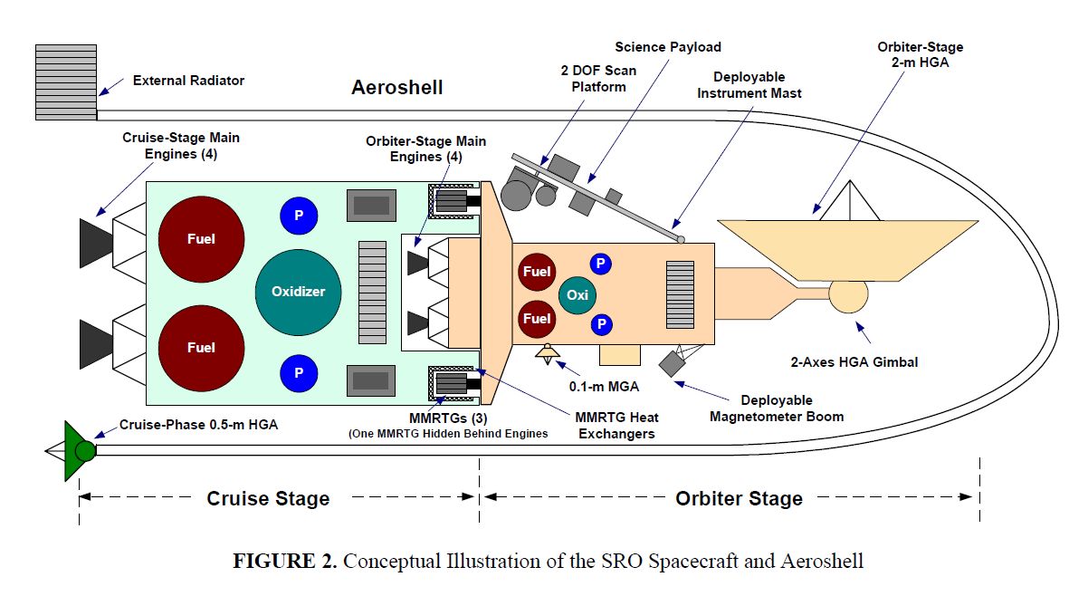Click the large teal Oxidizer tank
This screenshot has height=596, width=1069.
[x=298, y=292]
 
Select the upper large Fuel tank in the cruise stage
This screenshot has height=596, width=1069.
[x=201, y=239]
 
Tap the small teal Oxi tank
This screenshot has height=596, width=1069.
[x=577, y=295]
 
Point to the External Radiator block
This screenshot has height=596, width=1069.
[x=65, y=82]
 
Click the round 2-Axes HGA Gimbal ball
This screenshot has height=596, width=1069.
[x=848, y=295]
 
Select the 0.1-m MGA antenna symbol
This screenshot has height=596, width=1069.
[x=548, y=352]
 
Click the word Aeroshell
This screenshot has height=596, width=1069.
[x=397, y=88]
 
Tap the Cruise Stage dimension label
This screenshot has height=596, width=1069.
[x=268, y=498]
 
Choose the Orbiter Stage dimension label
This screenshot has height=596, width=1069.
[x=739, y=498]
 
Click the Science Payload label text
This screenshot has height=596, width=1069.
[x=668, y=46]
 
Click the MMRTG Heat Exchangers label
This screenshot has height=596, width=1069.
[x=617, y=426]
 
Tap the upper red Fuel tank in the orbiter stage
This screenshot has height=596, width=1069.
[x=536, y=272]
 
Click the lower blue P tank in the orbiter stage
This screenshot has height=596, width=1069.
[x=600, y=324]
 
